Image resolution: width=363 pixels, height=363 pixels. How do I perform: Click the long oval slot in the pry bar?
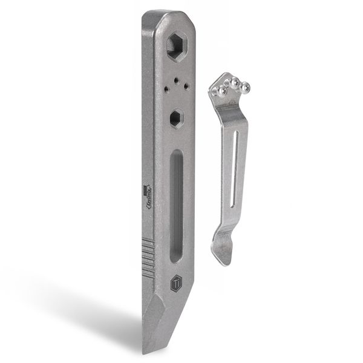click(176, 206)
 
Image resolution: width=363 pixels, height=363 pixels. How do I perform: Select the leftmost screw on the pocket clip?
click(222, 91)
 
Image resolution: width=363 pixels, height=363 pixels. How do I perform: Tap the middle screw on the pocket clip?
click(235, 81)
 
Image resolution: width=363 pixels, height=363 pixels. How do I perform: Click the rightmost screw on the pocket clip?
click(246, 88)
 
